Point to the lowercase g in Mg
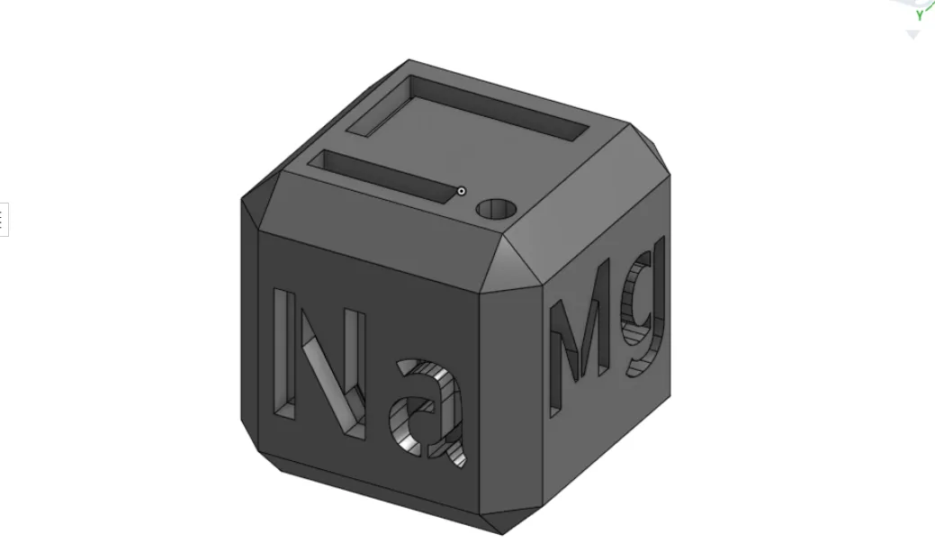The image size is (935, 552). click(x=644, y=311)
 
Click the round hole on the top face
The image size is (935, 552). click(x=497, y=210)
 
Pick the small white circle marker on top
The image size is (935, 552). click(x=462, y=191)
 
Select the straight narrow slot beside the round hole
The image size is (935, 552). click(x=387, y=175)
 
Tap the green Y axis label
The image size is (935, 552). click(x=919, y=15)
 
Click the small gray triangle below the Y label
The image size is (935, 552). click(x=913, y=35)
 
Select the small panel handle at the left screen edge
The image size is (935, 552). click(x=3, y=219)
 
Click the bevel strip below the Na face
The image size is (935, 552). click(x=378, y=486)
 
